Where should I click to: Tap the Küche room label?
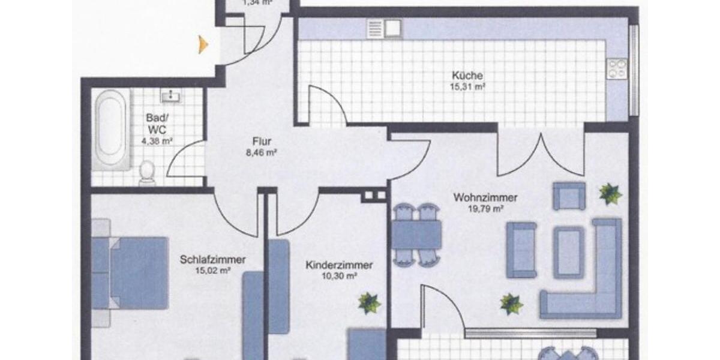point(468,76)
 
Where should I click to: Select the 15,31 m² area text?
point(468,86)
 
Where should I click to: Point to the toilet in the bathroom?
point(147,173)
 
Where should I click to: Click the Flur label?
point(262,142)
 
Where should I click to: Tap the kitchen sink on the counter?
point(384,27)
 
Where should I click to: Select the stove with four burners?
point(617,68)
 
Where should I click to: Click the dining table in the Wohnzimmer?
point(417,234)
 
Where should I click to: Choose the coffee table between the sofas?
point(568,244)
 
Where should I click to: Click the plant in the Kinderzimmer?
point(369,303)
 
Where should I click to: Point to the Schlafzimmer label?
point(212,260)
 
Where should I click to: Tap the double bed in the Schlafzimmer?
point(132,273)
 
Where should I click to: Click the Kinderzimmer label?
point(339,265)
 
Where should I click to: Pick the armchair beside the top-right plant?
point(568,196)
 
